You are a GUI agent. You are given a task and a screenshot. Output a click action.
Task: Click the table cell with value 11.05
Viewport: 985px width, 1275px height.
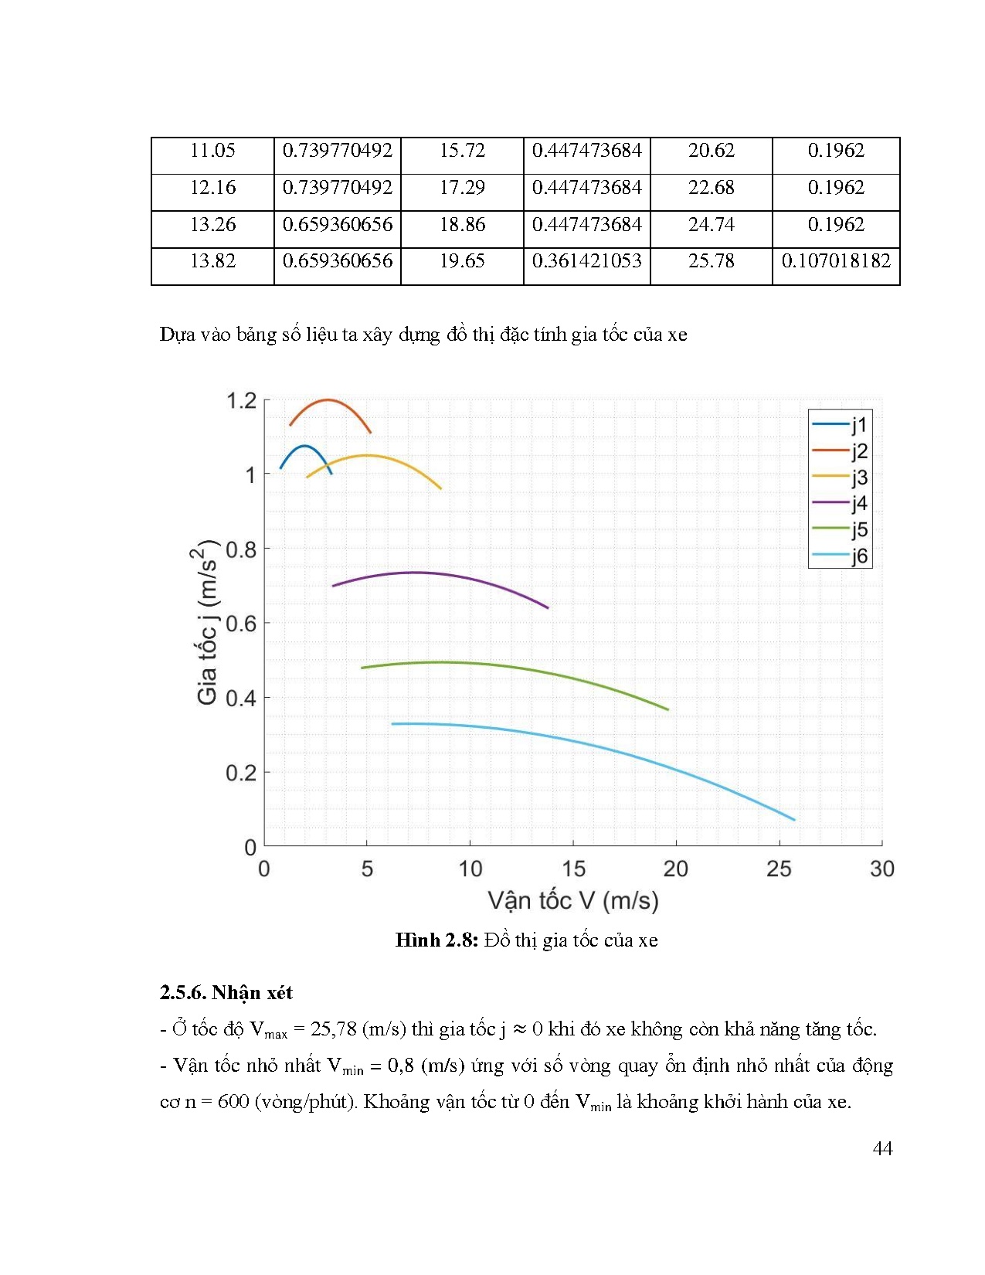point(212,151)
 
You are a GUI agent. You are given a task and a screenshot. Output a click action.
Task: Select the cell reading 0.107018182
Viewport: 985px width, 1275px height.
point(836,261)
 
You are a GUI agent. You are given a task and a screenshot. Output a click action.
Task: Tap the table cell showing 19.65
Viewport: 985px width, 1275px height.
point(462,261)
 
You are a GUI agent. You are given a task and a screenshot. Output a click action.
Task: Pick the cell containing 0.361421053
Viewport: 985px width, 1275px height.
point(586,261)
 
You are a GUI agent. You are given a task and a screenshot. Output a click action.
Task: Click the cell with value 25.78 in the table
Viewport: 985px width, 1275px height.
point(711,261)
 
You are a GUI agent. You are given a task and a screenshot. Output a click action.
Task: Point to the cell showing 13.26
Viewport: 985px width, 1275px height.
point(212,225)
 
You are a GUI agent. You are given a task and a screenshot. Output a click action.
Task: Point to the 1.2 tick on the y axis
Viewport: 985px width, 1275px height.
point(241,401)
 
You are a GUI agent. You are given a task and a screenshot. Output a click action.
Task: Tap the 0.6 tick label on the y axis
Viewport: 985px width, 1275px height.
point(241,624)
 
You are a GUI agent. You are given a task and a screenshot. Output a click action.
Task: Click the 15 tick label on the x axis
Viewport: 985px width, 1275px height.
point(573,869)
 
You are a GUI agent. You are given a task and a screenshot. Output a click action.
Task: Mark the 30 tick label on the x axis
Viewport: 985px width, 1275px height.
point(881,869)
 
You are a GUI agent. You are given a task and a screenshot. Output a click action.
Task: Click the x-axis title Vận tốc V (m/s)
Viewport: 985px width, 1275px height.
point(573,901)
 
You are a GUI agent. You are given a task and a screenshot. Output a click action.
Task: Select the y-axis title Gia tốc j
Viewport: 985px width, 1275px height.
point(206,623)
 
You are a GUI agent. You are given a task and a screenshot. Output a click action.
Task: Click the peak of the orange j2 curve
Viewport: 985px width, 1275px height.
point(328,400)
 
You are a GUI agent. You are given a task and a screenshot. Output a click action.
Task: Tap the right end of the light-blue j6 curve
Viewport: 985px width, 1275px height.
point(794,820)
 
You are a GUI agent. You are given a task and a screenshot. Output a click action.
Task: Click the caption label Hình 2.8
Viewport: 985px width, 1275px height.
point(436,940)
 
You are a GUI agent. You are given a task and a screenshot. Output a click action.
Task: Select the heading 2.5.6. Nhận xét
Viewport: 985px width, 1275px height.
point(226,993)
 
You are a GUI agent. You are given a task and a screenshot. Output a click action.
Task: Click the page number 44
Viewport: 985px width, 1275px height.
point(882,1149)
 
